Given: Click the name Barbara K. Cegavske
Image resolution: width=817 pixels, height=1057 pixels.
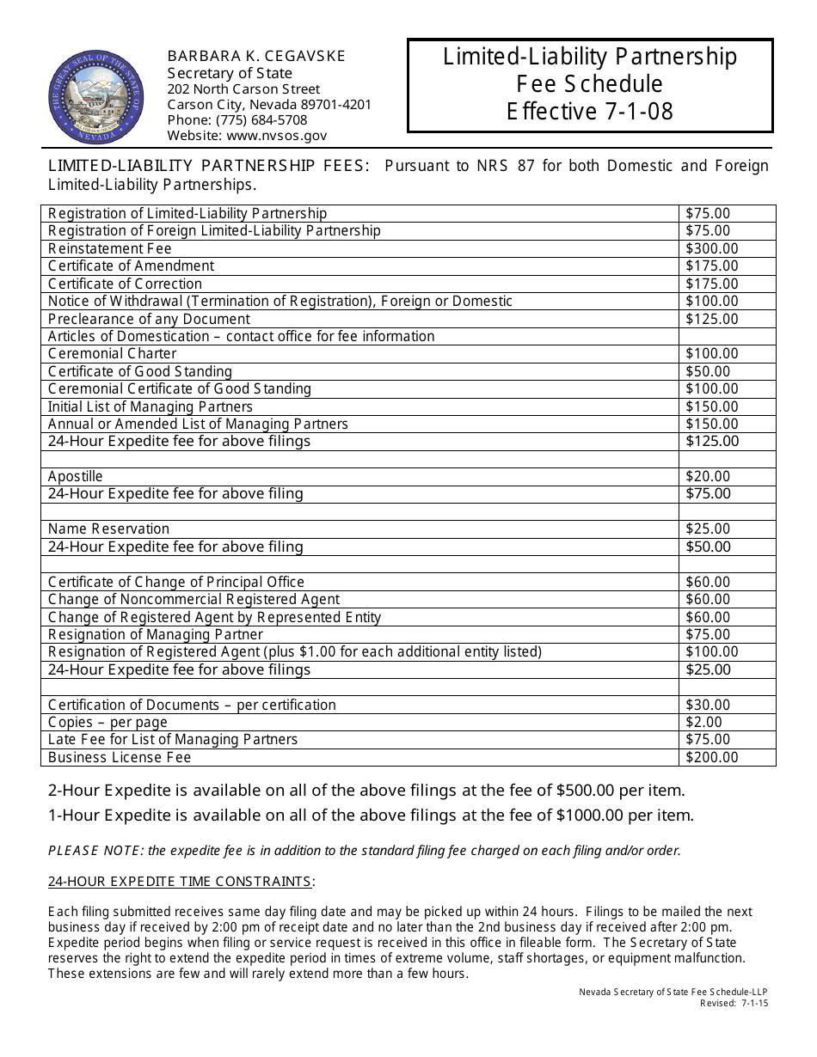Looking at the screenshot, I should (x=256, y=56).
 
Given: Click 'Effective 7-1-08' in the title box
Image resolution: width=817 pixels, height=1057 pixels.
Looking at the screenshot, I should (x=589, y=112).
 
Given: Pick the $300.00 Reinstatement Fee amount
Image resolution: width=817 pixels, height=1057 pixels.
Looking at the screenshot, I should (x=711, y=248).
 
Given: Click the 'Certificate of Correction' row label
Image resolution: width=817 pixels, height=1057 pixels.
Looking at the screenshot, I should (x=125, y=284).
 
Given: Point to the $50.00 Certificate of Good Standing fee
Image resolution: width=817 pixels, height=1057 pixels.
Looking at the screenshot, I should (x=707, y=371).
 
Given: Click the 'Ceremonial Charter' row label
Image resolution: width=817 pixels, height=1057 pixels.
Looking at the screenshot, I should (x=112, y=353).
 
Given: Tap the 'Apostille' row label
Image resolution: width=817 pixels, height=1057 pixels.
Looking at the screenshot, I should (x=75, y=476).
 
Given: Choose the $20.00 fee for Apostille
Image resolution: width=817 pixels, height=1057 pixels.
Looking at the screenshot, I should (x=707, y=476).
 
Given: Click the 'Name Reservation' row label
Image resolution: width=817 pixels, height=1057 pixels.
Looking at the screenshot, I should (x=108, y=528).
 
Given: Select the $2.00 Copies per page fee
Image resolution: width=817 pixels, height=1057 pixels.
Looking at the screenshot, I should (x=703, y=722).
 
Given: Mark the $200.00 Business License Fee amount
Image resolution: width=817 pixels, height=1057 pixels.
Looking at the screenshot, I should (x=711, y=757).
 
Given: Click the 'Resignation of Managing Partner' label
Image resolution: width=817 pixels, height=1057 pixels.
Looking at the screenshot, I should (x=156, y=634).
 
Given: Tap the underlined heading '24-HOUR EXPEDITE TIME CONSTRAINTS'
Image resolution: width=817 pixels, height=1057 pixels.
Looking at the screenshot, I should (x=180, y=881).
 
